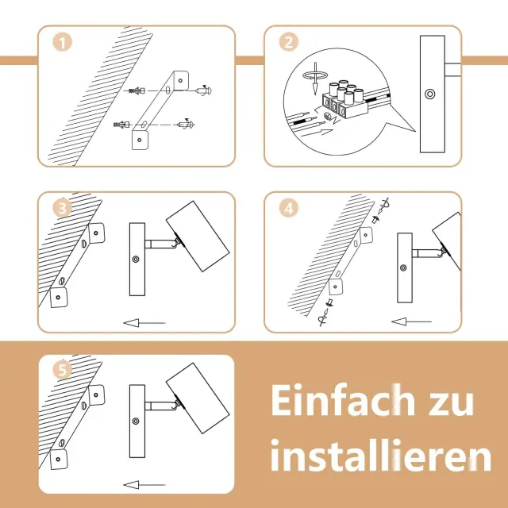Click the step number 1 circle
tap(62, 42)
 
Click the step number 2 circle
tap(289, 42)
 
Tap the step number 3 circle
tap(62, 208)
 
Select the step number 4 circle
tap(289, 208)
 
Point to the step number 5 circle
tap(62, 370)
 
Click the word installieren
tap(381, 455)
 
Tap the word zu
tap(452, 404)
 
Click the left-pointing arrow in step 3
tap(144, 323)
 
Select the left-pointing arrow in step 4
tap(411, 321)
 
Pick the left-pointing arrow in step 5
tap(144, 485)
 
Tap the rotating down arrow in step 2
tap(315, 79)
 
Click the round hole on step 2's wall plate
tap(430, 94)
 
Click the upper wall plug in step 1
tap(137, 91)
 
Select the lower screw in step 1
tap(186, 124)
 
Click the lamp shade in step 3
tap(198, 237)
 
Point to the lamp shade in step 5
tap(198, 398)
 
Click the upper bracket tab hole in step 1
tap(180, 80)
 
